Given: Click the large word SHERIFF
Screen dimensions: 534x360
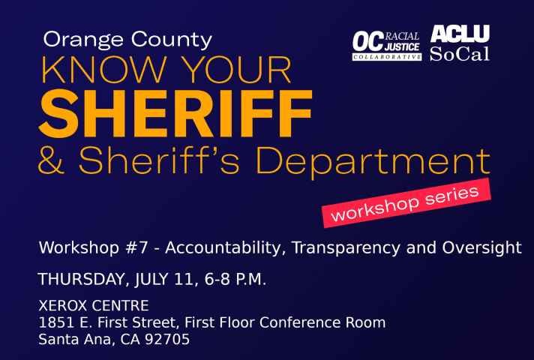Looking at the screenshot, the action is click(x=175, y=113).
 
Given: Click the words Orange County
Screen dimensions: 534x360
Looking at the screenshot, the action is click(x=127, y=40).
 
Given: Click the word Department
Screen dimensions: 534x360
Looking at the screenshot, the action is click(x=373, y=162).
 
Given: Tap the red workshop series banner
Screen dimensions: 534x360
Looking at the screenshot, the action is click(x=406, y=203).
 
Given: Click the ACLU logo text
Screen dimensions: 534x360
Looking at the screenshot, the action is click(x=460, y=34).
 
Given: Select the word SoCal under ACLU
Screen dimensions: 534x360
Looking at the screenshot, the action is click(x=460, y=54).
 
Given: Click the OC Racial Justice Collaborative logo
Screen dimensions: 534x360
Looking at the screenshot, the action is click(x=387, y=46).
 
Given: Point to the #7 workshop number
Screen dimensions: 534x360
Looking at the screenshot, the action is click(x=137, y=247).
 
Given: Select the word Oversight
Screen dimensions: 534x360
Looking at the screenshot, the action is click(x=482, y=248).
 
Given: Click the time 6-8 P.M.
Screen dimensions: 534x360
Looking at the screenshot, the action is click(x=235, y=280).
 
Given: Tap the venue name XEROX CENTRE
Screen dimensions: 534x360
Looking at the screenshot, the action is click(x=94, y=305).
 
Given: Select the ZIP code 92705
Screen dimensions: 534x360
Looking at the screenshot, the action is click(x=166, y=339).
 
